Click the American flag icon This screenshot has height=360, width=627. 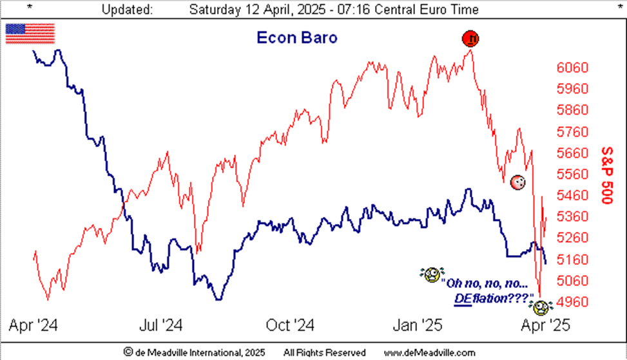point(30,33)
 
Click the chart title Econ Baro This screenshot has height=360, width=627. point(297,37)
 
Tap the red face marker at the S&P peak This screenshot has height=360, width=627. point(471,39)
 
